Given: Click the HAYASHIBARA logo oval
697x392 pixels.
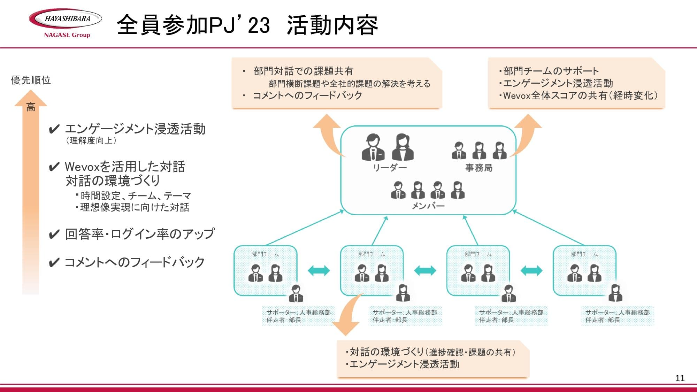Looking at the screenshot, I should (66, 19).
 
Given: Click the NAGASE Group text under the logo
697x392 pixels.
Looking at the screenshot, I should (67, 35).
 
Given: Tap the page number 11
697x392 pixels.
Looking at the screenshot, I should (680, 378).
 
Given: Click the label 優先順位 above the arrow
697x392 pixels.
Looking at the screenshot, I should (31, 80).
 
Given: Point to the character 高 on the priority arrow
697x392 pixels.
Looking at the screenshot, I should (31, 107).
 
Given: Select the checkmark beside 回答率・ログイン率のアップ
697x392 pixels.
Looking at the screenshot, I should (54, 235).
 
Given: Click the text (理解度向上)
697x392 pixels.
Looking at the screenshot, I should (91, 140).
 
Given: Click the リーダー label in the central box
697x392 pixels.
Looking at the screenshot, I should (390, 168).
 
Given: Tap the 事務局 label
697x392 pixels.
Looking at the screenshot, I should (479, 168).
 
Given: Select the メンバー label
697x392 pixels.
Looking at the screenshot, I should (428, 206).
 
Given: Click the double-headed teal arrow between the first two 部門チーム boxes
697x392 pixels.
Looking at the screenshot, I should (319, 270).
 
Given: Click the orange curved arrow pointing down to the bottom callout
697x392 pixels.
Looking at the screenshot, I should (347, 315).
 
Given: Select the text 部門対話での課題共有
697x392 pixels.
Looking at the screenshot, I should (303, 71).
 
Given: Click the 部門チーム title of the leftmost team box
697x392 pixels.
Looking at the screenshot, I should (266, 254).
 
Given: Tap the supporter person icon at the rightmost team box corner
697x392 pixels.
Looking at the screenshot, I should (615, 293).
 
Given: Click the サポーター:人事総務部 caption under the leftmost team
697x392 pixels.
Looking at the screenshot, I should (298, 312).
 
